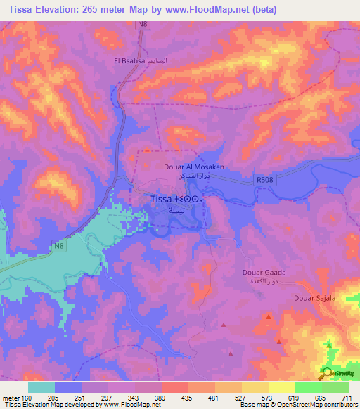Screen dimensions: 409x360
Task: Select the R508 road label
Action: pyautogui.click(x=265, y=180)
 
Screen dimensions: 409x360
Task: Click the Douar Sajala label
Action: pyautogui.click(x=314, y=298)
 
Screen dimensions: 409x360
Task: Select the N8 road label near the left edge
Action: pyautogui.click(x=61, y=245)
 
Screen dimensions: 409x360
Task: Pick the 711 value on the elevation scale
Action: pyautogui.click(x=347, y=397)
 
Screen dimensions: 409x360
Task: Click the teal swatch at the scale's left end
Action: pyautogui.click(x=41, y=387)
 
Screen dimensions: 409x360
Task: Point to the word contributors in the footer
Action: pyautogui.click(x=339, y=405)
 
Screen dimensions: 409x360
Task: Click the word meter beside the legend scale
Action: pyautogui.click(x=12, y=397)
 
